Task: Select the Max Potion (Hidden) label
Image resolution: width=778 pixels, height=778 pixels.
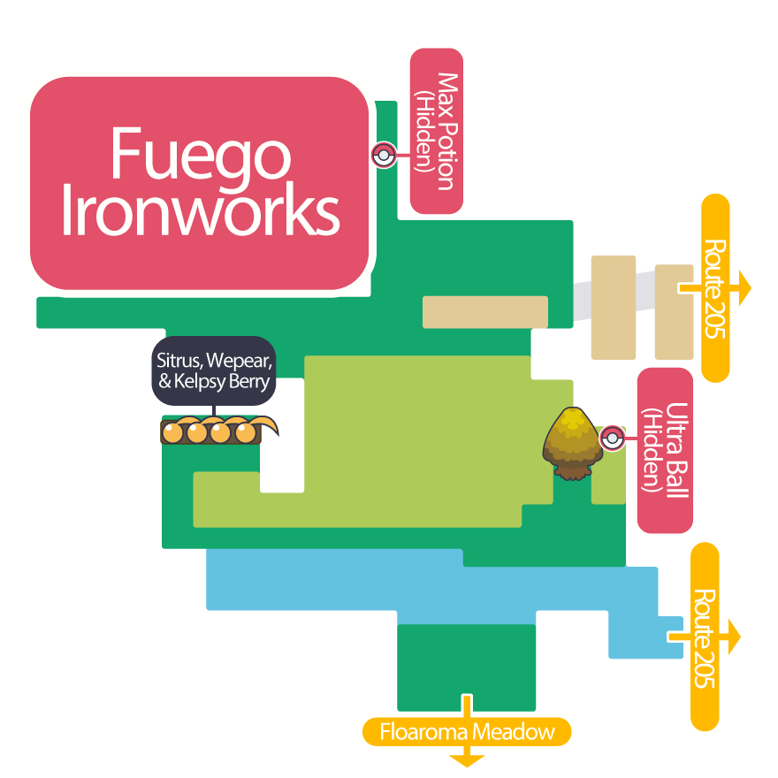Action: [x=437, y=131]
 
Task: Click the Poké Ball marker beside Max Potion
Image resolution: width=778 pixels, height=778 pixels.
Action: [x=383, y=156]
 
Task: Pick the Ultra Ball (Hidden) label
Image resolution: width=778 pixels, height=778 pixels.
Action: [x=665, y=450]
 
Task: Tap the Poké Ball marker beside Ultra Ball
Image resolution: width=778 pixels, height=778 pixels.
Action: [x=612, y=438]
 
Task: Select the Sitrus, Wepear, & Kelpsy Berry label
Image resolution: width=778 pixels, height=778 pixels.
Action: [x=213, y=371]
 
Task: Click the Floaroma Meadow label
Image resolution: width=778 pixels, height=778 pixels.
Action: [x=467, y=732]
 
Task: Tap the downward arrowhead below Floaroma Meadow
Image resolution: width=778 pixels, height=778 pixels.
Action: [x=467, y=759]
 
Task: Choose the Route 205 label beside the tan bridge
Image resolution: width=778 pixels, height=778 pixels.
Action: [x=715, y=288]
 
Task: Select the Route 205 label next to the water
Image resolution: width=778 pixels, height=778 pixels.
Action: [x=705, y=637]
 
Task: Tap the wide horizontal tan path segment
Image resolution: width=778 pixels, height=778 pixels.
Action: [x=484, y=312]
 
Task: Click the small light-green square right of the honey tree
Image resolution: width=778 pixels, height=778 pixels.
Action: [x=608, y=477]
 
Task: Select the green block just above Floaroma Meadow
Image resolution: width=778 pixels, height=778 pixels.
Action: [x=466, y=667]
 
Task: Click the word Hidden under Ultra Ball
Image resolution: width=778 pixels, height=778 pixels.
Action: [x=653, y=450]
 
